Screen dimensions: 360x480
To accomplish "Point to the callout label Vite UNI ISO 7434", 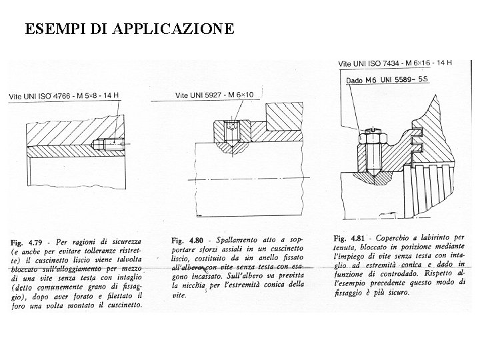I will click(395, 63).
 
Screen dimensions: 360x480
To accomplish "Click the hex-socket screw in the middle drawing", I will click(231, 130).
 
